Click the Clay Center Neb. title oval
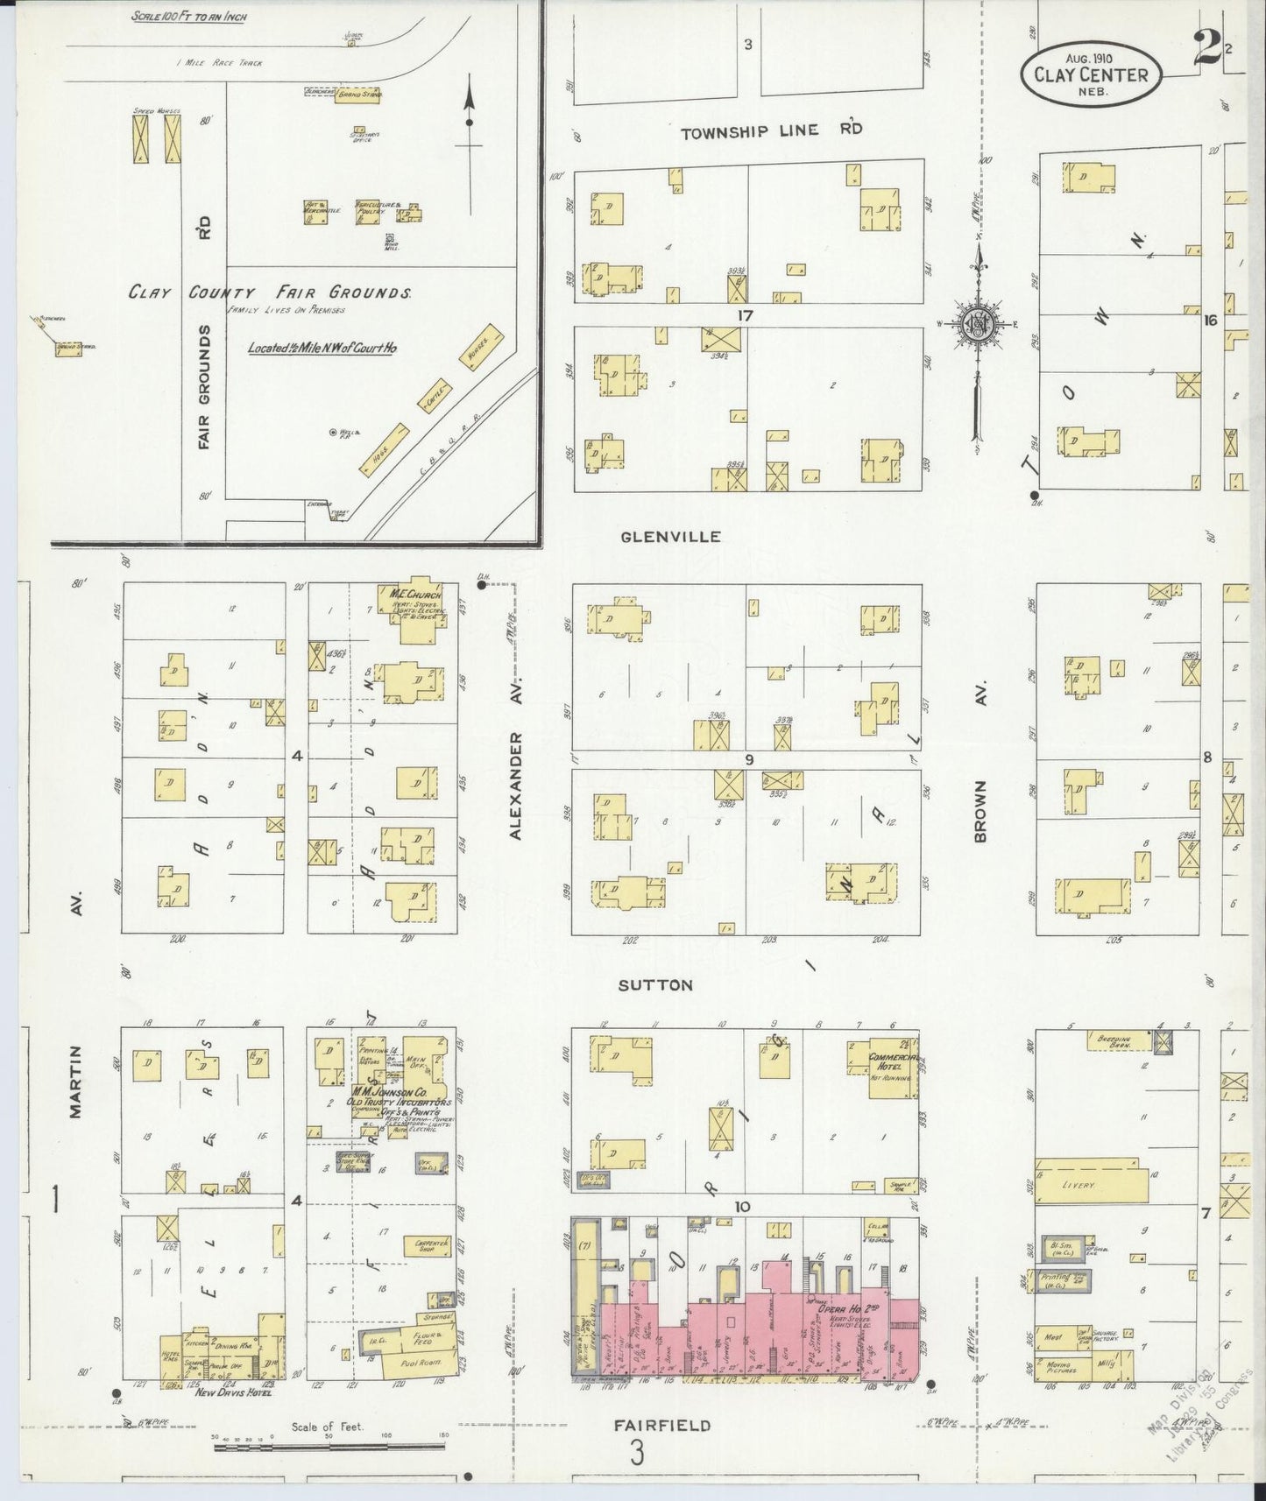pos(1090,74)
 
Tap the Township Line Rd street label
pos(771,130)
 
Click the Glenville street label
pos(669,536)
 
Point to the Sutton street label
pos(655,985)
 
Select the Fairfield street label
pos(661,1425)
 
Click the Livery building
pos(1091,1185)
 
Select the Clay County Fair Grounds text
pos(270,293)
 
